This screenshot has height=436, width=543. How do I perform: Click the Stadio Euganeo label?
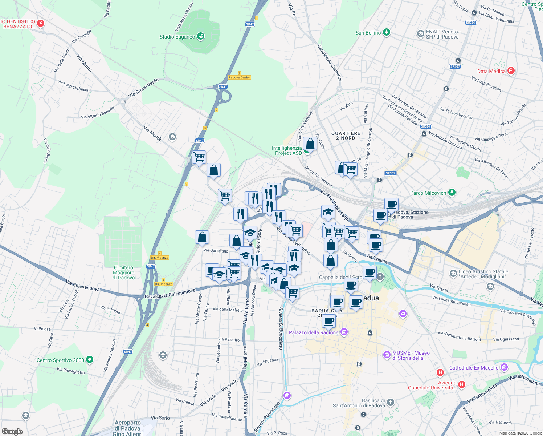[x=177, y=37]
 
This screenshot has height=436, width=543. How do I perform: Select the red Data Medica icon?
[x=511, y=70]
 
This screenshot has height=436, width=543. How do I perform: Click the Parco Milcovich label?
[x=428, y=193]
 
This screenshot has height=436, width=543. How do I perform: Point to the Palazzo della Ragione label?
[x=314, y=332]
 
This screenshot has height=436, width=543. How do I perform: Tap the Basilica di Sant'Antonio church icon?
[x=390, y=402]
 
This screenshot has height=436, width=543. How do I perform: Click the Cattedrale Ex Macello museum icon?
[x=504, y=367]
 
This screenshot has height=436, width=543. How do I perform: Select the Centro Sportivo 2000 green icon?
[x=90, y=360]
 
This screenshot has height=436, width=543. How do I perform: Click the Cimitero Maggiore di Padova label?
[x=124, y=272]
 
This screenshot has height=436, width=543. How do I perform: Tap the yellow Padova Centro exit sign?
[x=240, y=77]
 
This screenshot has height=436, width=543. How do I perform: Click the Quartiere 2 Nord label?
[x=346, y=136]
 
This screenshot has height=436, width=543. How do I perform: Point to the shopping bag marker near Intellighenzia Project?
[x=310, y=144]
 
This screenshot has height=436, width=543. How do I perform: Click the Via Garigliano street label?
[x=216, y=251]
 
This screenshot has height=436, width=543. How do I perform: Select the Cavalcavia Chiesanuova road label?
[x=170, y=294]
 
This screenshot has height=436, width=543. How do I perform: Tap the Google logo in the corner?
[x=12, y=431]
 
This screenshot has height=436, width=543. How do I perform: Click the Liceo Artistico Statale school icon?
[x=453, y=273]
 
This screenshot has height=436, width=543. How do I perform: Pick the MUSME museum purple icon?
[x=387, y=354]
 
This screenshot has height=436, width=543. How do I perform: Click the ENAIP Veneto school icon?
[x=420, y=34]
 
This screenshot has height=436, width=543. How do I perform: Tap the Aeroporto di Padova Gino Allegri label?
[x=128, y=428]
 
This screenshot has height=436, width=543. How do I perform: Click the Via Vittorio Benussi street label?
[x=98, y=113]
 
